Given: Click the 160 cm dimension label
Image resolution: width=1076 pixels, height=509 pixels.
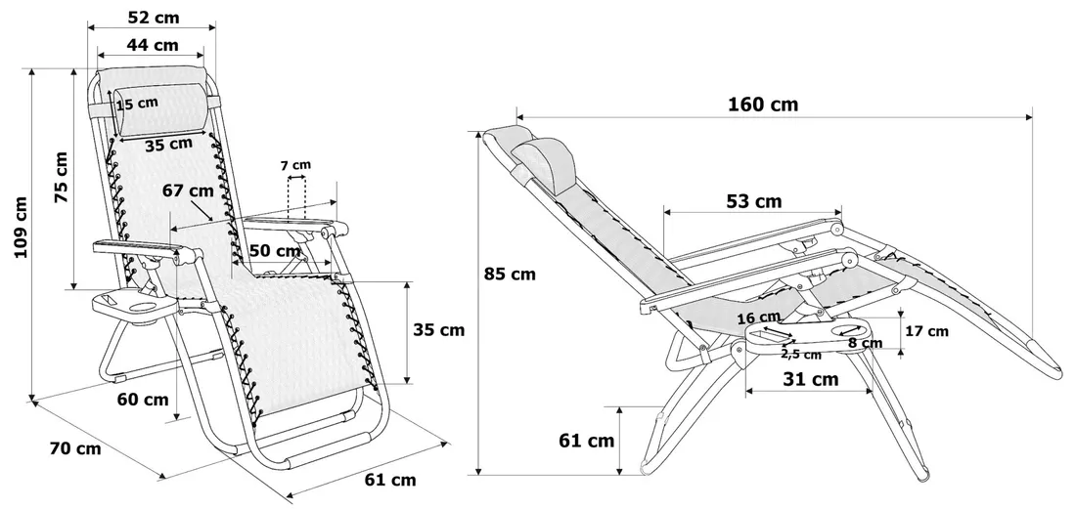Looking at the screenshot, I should [x=762, y=105].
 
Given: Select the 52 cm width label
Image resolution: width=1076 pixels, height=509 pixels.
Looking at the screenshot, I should [x=153, y=17].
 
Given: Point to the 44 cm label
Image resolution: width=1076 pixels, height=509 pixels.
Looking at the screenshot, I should [x=153, y=44].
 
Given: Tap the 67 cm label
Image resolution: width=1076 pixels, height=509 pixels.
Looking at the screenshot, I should [x=188, y=191].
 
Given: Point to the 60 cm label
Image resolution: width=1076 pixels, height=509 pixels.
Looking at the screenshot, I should [x=143, y=399].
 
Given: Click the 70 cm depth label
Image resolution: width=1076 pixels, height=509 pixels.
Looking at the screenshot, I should [x=75, y=448].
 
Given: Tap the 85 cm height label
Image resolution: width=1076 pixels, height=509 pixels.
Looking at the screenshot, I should [x=510, y=275].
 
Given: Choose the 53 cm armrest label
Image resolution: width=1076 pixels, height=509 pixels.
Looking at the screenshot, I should [x=754, y=201].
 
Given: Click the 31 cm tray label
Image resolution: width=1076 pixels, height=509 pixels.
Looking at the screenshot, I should [x=811, y=379].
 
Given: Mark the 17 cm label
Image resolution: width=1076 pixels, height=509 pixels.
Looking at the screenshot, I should [x=925, y=331].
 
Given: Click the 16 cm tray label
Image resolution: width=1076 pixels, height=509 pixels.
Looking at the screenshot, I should [x=758, y=318].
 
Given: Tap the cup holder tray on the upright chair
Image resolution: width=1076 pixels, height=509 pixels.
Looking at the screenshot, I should [x=134, y=308].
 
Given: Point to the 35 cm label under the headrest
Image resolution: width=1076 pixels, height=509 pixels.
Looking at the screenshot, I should [x=168, y=145].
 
